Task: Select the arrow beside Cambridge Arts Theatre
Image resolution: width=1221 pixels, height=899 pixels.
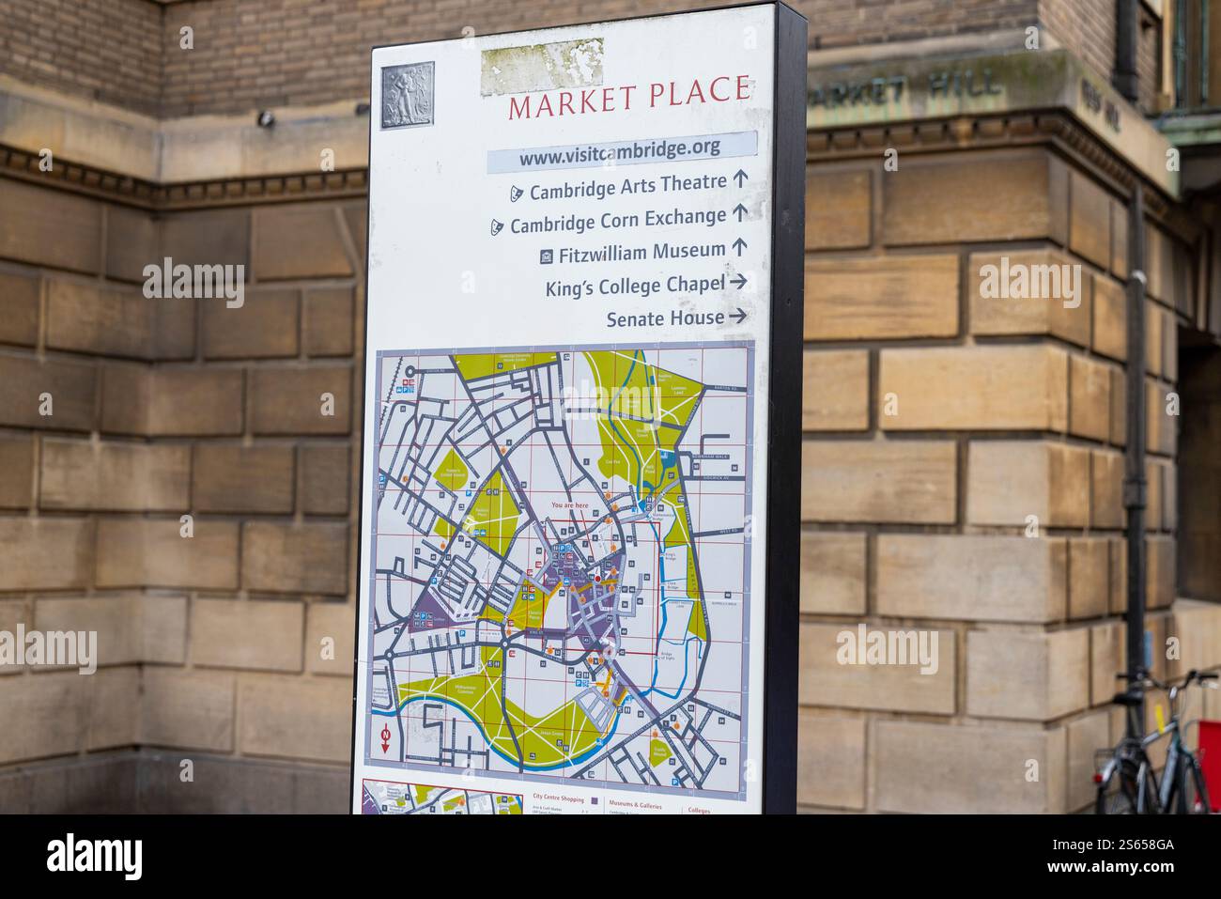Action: pyautogui.click(x=741, y=178)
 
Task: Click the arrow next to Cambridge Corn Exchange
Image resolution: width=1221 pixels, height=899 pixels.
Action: pyautogui.click(x=740, y=213)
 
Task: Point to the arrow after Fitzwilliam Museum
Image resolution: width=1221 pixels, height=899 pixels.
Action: pyautogui.click(x=739, y=247)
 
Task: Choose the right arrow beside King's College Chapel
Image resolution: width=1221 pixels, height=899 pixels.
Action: pyautogui.click(x=738, y=281)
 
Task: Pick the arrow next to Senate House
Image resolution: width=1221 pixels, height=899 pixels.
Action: pyautogui.click(x=738, y=317)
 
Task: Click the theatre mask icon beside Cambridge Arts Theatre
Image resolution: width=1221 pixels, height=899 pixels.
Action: pyautogui.click(x=516, y=193)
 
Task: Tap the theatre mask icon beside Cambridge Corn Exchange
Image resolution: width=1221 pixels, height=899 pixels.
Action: pyautogui.click(x=496, y=226)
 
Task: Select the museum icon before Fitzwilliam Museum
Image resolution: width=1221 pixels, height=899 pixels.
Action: pyautogui.click(x=547, y=255)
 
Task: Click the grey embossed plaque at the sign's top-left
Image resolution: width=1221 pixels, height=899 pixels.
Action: pyautogui.click(x=408, y=95)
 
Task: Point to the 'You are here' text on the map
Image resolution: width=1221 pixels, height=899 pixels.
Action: pyautogui.click(x=570, y=505)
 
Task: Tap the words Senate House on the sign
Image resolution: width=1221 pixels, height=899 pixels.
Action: pyautogui.click(x=665, y=318)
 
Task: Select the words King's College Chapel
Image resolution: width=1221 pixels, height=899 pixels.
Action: pyautogui.click(x=635, y=286)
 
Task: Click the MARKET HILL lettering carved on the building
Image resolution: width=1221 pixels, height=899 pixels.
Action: pyautogui.click(x=902, y=88)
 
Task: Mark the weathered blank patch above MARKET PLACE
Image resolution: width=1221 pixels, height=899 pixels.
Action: pyautogui.click(x=542, y=66)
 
